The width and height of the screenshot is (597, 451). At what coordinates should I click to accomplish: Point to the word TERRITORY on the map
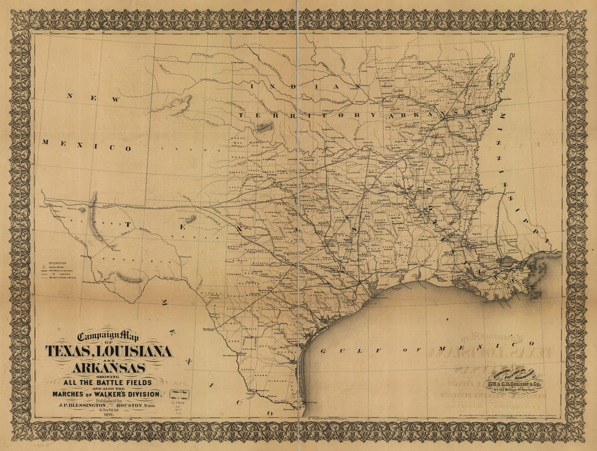298,115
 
